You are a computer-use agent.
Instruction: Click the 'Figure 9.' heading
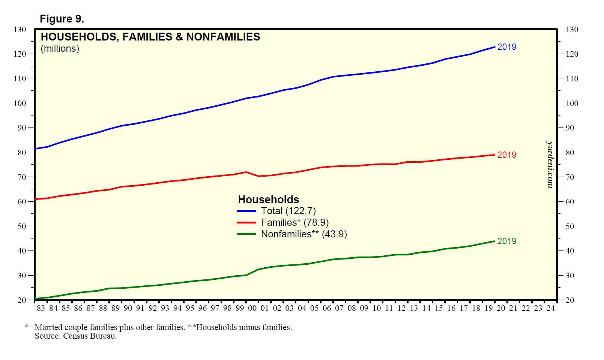[x=62, y=19]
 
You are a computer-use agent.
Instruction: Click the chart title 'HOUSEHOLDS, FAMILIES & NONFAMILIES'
[x=150, y=37]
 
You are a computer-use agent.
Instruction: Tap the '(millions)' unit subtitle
[x=60, y=49]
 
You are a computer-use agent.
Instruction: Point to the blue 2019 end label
[x=506, y=47]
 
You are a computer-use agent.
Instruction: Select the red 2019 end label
[x=506, y=155]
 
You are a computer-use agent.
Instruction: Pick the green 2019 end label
[x=506, y=241]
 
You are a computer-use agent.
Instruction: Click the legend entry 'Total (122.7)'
[x=288, y=211]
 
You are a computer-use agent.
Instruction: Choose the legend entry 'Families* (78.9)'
[x=294, y=223]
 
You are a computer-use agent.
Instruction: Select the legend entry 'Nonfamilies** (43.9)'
[x=304, y=234]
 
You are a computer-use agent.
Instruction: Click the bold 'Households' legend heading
[x=269, y=199]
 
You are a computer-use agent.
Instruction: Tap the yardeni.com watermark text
[x=550, y=164]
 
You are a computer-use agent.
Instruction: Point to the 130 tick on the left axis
[x=20, y=29]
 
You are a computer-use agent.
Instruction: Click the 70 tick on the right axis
[x=570, y=177]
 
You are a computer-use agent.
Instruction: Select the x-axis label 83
[x=41, y=308]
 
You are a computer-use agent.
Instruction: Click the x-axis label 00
[x=252, y=308]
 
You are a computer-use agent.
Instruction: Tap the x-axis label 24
[x=550, y=308]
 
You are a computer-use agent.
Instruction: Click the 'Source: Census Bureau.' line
[x=76, y=336]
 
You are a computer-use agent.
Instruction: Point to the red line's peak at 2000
[x=246, y=172]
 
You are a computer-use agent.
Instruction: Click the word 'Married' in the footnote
[x=48, y=327]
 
